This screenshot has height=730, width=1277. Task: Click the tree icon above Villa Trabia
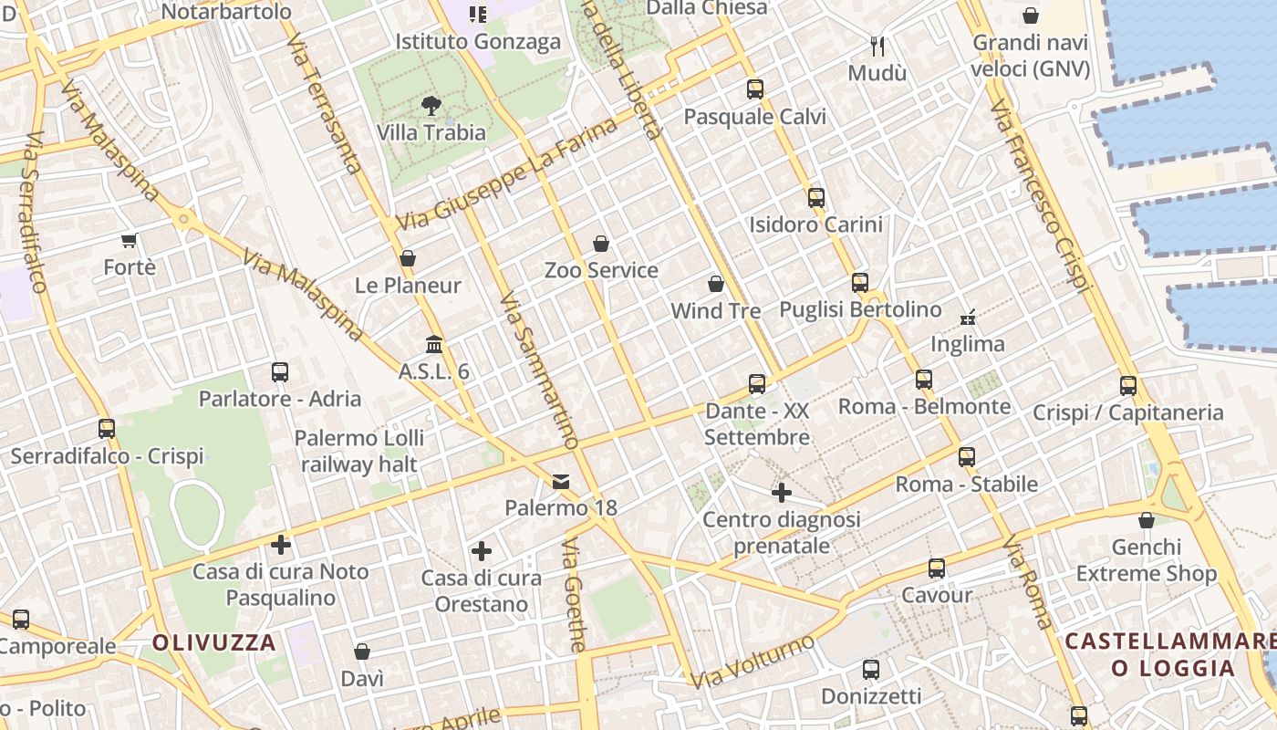coord(431,106)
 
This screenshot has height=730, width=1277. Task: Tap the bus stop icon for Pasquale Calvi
coord(755,89)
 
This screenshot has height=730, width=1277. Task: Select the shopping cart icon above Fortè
coord(130,241)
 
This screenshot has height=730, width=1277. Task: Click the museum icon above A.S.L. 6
coord(434,345)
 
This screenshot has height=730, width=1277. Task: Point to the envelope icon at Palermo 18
coord(561,481)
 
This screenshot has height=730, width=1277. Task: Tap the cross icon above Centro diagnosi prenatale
coord(782,493)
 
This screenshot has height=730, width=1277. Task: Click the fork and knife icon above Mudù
coord(877,47)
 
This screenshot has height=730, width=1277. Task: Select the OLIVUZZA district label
coord(214,642)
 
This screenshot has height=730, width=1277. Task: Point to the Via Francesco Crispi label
coord(1041,196)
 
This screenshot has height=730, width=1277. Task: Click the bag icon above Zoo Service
coord(601,244)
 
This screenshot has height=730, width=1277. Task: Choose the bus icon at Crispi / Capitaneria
coord(1128,386)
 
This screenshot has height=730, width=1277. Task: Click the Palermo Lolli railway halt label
coord(358,451)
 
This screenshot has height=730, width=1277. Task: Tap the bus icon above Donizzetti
coord(871,670)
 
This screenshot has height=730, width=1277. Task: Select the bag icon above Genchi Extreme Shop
coord(1147,520)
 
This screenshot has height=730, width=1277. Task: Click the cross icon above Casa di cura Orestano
coord(482,551)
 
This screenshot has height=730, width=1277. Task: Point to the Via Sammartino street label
coord(539,370)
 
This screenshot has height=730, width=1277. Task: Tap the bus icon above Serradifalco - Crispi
coord(107,429)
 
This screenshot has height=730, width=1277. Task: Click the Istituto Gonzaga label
coord(478,42)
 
